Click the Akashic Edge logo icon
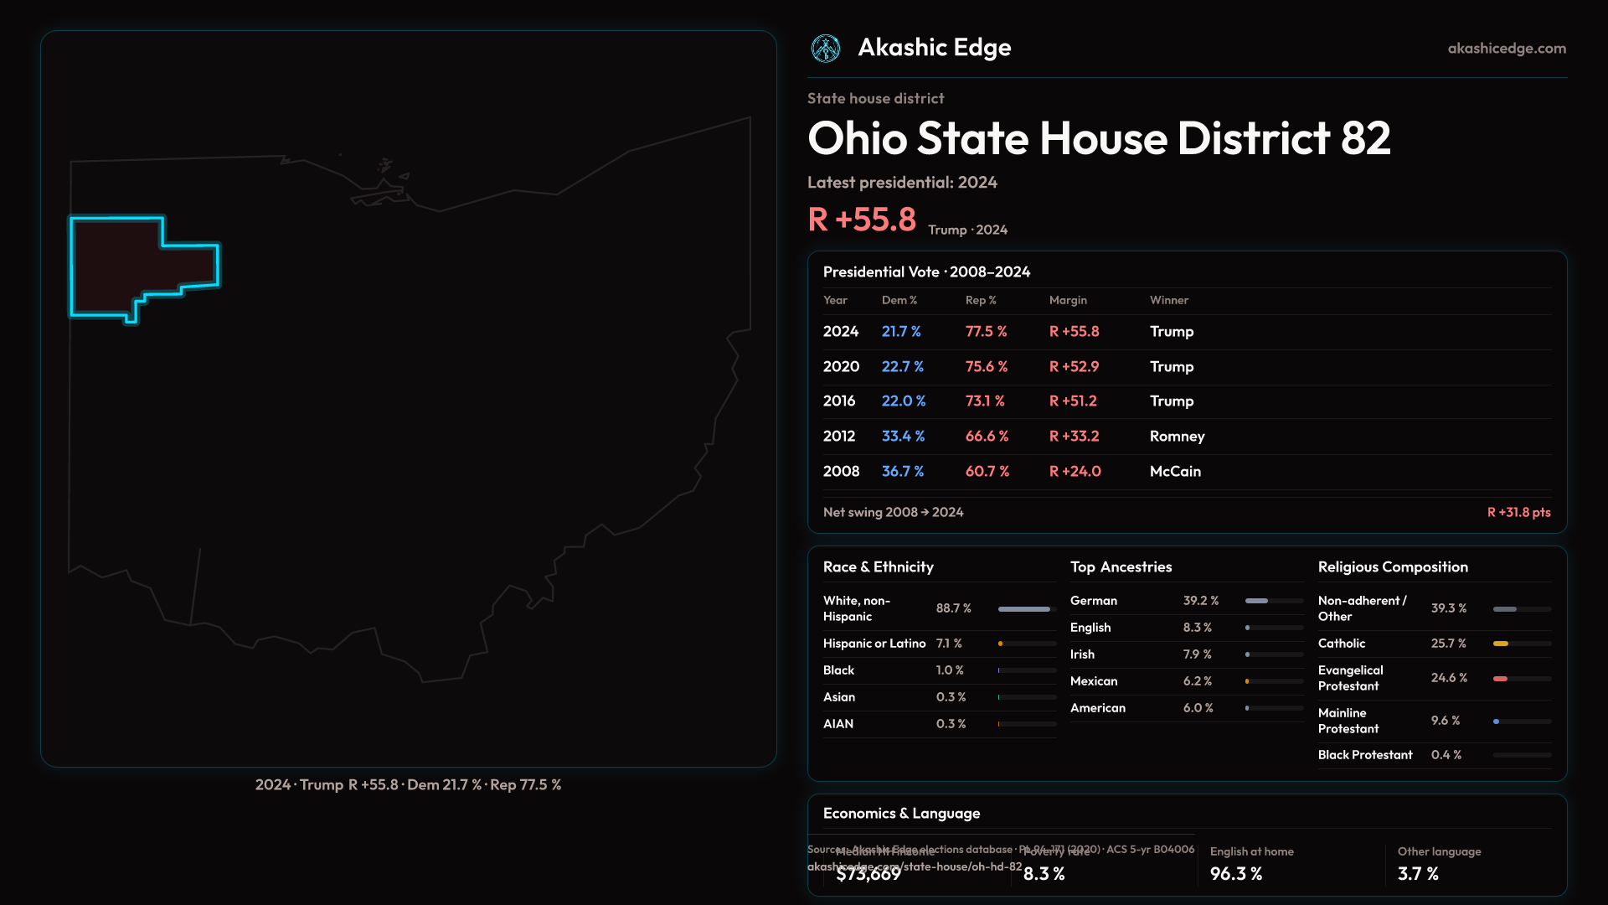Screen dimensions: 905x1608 (826, 49)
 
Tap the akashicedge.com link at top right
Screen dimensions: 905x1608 (1507, 49)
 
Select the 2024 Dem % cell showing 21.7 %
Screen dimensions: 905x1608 (901, 332)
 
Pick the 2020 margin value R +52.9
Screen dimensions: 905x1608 (1074, 367)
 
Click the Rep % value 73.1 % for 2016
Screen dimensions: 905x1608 (985, 401)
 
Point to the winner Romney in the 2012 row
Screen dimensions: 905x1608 (1177, 437)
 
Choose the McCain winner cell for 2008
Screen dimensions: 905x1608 (1175, 472)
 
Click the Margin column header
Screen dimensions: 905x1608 (1068, 300)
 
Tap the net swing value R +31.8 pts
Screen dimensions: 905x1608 (1518, 512)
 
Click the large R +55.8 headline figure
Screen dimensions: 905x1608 (862, 220)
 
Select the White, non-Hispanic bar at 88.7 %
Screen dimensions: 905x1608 (1024, 609)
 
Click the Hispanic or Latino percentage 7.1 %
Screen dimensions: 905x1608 (949, 644)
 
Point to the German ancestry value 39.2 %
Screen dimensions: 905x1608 (1200, 601)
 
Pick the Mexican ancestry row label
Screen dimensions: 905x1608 (1094, 681)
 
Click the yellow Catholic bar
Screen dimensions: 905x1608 (1501, 644)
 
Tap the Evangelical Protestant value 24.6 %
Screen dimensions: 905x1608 (1449, 678)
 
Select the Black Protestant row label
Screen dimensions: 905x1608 (1365, 755)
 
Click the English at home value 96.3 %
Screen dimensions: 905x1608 (1235, 874)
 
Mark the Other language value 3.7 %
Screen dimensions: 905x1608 (1418, 874)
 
